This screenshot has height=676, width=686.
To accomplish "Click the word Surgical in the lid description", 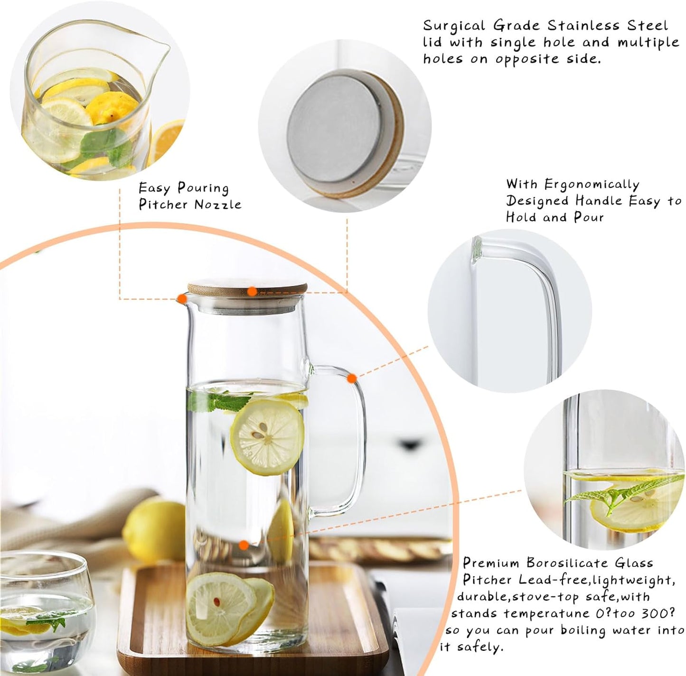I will click(x=451, y=26).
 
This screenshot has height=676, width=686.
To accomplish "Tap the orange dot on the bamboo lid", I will click(x=253, y=291).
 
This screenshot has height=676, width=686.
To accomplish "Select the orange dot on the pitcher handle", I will click(x=352, y=378).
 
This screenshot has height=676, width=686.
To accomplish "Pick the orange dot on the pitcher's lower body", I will click(x=244, y=546).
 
